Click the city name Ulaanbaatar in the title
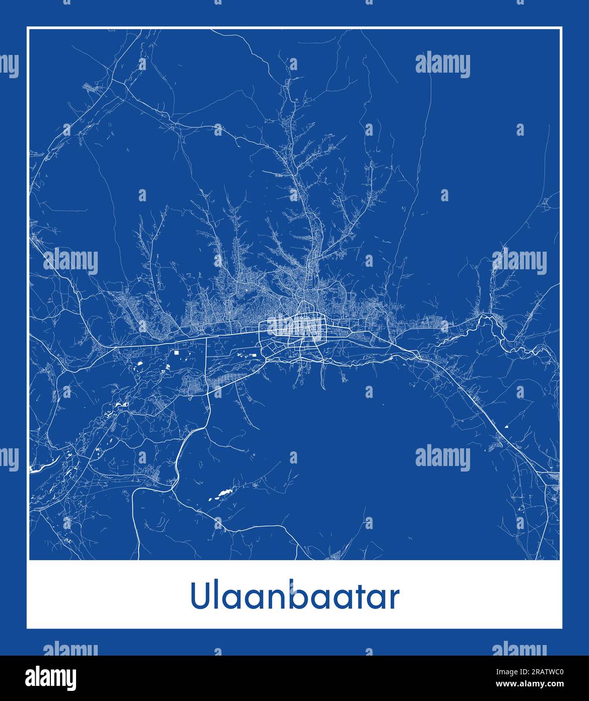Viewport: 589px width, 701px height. tap(295, 597)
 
